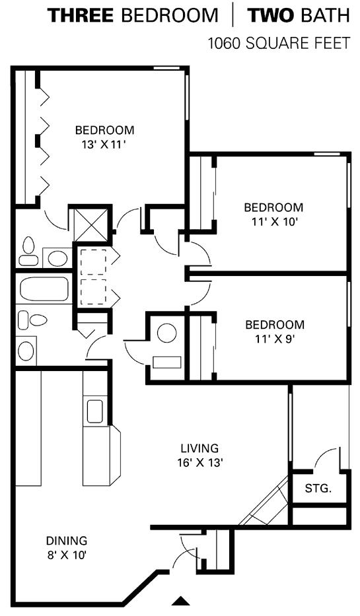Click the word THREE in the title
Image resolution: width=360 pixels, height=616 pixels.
(80, 15)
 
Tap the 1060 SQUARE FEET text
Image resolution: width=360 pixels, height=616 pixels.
(278, 43)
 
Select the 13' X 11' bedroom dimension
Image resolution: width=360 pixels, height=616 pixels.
(104, 144)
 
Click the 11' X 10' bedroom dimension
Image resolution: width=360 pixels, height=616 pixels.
(273, 222)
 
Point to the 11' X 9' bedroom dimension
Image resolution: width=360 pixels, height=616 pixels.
(275, 339)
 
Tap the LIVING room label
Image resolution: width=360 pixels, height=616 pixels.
(199, 448)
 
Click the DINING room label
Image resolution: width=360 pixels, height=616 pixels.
(67, 541)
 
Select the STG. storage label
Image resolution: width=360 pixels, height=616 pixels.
(318, 489)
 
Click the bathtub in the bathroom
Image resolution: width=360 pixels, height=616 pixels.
(44, 289)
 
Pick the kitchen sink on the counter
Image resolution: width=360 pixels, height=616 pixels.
(94, 411)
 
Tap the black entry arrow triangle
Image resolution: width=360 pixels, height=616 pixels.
(181, 601)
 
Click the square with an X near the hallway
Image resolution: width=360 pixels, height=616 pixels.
(91, 224)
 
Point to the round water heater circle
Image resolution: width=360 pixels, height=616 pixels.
(167, 333)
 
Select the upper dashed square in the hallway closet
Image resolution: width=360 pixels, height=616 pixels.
(93, 261)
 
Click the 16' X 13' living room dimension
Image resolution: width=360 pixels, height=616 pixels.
(199, 462)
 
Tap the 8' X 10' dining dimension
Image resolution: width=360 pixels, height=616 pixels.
(67, 555)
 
